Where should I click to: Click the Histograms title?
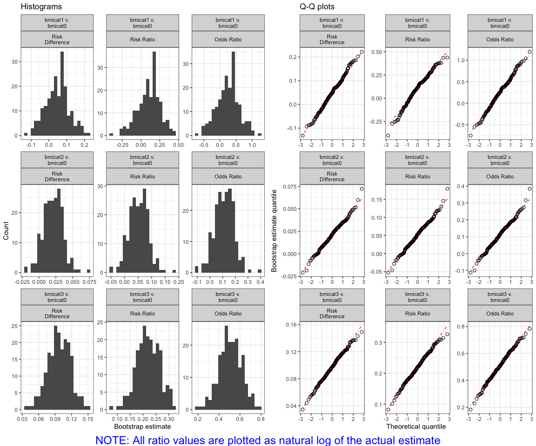click(41, 7)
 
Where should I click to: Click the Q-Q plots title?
click(317, 7)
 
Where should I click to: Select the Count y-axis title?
click(6, 231)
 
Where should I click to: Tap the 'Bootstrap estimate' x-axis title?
click(142, 426)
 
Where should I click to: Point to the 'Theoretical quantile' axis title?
click(416, 426)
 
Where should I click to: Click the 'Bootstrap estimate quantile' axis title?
click(274, 231)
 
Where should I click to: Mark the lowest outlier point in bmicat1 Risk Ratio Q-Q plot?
click(388, 135)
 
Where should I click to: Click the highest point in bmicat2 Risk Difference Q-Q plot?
click(362, 189)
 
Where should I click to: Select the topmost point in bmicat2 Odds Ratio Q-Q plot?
click(529, 189)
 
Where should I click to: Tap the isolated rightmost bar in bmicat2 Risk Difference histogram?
click(88, 271)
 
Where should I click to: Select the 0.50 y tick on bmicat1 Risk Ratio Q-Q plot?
click(376, 52)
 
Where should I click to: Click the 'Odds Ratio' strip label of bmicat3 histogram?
click(228, 314)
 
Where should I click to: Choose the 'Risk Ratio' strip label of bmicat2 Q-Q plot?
click(417, 177)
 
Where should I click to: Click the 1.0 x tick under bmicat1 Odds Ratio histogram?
click(251, 144)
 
